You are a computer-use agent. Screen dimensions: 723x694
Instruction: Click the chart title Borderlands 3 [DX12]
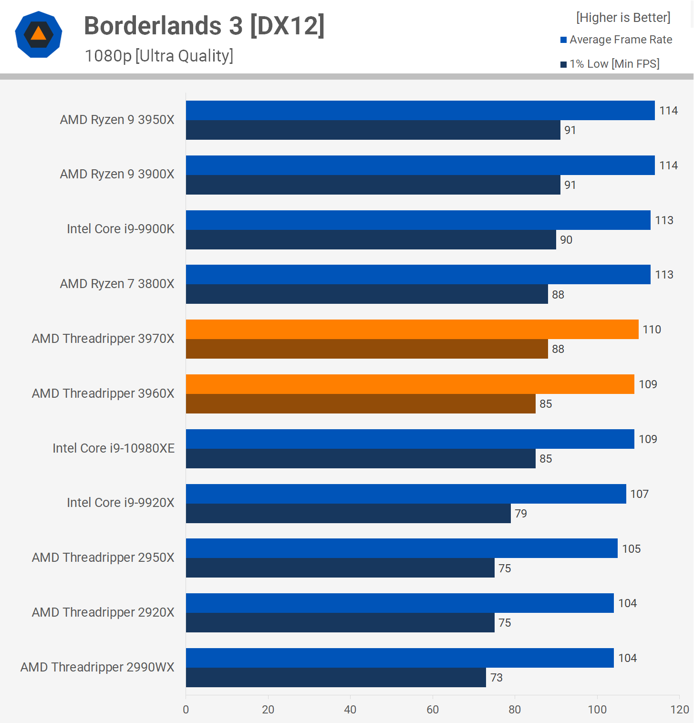[x=204, y=26]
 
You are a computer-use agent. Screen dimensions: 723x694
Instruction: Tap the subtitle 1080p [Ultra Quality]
[x=159, y=56]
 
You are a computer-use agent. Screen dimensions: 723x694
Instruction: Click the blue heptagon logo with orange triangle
[x=39, y=34]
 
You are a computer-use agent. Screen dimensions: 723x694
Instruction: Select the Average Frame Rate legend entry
[x=616, y=40]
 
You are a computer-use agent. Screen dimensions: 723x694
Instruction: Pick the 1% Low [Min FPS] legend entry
[x=610, y=64]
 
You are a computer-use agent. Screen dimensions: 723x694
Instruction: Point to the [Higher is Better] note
[x=623, y=18]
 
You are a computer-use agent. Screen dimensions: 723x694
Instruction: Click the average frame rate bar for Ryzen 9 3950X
[x=420, y=110]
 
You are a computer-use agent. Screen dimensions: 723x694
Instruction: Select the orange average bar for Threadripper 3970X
[x=412, y=329]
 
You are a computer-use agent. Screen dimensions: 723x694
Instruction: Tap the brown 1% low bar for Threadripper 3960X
[x=360, y=403]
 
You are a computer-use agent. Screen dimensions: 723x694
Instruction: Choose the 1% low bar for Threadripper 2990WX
[x=335, y=677]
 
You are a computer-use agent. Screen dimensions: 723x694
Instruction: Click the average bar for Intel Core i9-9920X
[x=405, y=494]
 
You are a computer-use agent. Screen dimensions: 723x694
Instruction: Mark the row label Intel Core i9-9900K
[x=121, y=229]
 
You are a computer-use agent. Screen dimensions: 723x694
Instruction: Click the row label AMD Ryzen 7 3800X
[x=117, y=284]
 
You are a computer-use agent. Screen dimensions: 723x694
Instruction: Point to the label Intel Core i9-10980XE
[x=114, y=448]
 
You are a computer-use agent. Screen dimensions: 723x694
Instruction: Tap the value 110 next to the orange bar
[x=652, y=330]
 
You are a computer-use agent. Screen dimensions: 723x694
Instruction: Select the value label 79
[x=521, y=514]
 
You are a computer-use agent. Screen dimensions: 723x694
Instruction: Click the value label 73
[x=496, y=678]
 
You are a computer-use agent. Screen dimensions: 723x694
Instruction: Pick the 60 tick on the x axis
[x=433, y=710]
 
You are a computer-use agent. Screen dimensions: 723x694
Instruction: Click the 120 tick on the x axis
[x=679, y=710]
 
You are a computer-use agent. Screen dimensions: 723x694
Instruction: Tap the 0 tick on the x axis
[x=186, y=710]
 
